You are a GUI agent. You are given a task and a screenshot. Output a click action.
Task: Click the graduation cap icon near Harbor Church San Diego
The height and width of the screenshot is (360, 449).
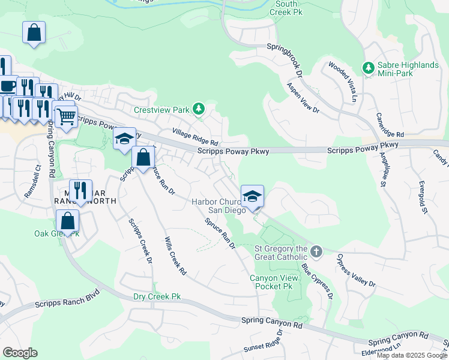[x=252, y=196]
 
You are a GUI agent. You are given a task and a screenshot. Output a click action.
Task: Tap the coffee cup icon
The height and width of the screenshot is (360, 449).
[x=7, y=86]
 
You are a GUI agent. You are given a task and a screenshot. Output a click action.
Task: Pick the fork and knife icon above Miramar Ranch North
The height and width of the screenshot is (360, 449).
[x=79, y=190]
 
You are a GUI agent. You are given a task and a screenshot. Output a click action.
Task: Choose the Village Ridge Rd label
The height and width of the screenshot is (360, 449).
[x=194, y=139]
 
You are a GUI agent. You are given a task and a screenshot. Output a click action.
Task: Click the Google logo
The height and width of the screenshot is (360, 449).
[x=20, y=353]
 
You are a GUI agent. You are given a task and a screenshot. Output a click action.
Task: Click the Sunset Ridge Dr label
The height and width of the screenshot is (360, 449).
[x=262, y=345]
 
